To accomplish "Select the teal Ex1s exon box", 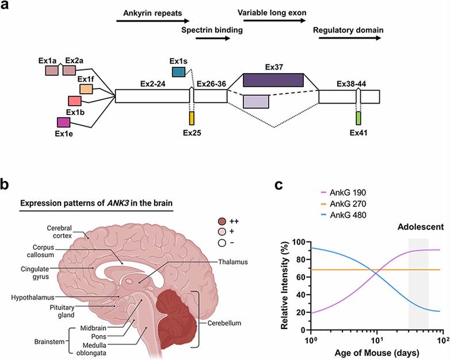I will coord(178,71).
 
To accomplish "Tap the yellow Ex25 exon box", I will coord(192,118).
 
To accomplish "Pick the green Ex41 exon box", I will coord(359,118).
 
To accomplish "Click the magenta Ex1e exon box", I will coord(63,122).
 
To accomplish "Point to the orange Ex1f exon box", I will coord(86,89).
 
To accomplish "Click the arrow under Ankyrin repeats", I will coord(141,21).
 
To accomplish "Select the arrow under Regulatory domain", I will coord(348,38).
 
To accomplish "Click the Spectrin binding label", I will coord(212,29).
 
